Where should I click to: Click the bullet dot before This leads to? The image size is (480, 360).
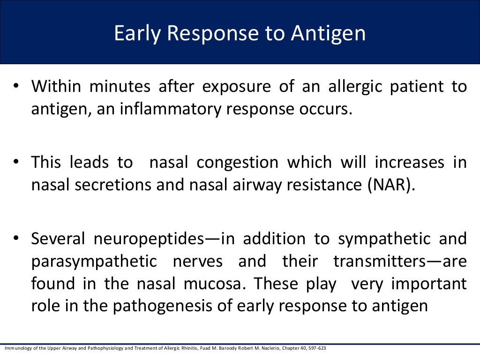tap(16, 162)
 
